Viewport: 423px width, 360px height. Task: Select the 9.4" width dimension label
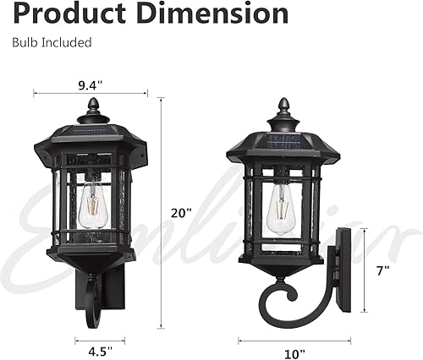pos(88,84)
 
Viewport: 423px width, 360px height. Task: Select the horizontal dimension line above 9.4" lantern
pos(88,94)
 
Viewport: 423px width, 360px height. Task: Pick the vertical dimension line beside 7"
pos(365,270)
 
